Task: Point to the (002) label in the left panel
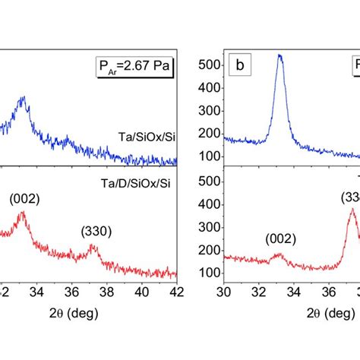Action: pos(24,199)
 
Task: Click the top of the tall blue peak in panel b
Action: pos(279,55)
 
